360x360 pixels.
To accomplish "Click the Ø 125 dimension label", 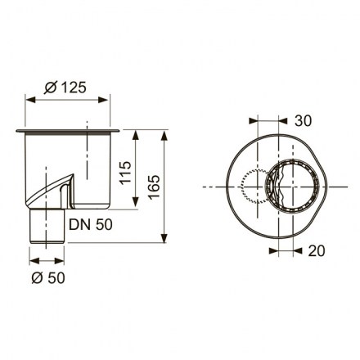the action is (x=65, y=88).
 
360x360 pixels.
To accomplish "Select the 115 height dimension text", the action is (x=126, y=173).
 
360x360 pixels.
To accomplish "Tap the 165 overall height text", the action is (x=155, y=187).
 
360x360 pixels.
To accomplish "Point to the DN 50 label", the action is (x=91, y=225).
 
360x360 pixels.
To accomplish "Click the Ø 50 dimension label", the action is (x=48, y=278).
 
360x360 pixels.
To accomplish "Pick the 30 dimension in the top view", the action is (x=303, y=121).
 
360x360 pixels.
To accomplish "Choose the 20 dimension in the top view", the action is (x=317, y=250).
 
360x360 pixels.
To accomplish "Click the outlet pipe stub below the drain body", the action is (x=47, y=226).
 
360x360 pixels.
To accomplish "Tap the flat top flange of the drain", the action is (x=68, y=131).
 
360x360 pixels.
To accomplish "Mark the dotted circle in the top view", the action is (x=241, y=187).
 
